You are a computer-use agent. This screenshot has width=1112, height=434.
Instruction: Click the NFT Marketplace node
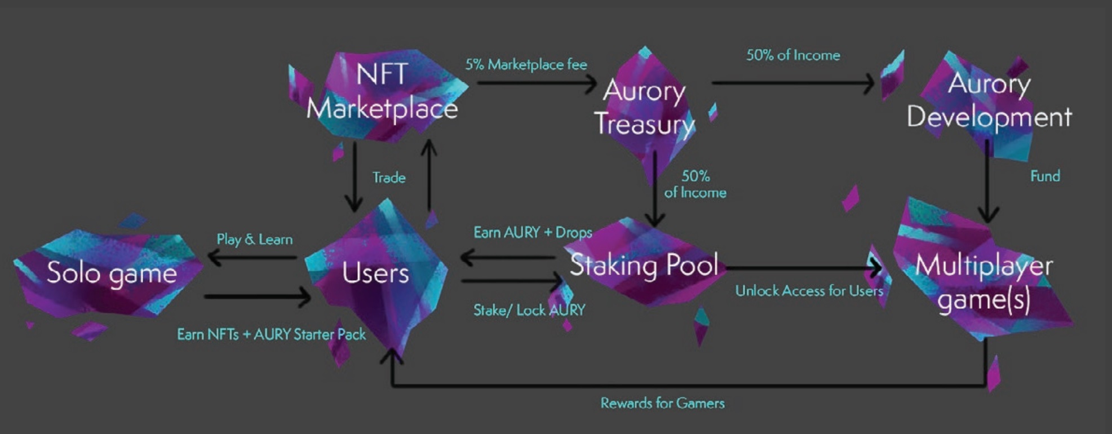point(382,93)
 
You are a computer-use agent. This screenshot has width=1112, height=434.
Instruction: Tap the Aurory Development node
point(989,101)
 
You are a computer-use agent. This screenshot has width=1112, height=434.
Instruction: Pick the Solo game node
point(110,273)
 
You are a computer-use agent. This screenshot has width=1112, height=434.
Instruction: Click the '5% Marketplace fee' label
point(526,65)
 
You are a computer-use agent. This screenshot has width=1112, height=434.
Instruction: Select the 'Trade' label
point(389,178)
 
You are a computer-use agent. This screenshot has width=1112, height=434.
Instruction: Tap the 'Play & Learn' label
point(255,240)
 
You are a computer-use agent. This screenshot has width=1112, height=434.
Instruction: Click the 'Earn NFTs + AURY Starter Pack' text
point(271,334)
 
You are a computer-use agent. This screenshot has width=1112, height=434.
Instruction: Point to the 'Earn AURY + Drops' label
point(533,232)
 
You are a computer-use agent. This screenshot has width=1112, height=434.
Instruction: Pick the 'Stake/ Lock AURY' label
point(529,310)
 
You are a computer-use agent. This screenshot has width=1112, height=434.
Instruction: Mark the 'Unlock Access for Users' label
point(809,291)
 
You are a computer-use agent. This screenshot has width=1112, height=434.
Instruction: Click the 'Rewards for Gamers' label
point(662,403)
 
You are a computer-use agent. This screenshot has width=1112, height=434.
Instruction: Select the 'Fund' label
point(1045,176)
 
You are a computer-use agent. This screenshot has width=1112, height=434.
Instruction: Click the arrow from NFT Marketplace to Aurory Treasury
point(537,83)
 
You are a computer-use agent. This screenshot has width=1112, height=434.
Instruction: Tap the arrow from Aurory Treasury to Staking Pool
point(654,189)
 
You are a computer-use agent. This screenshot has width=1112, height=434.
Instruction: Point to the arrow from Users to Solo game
point(252,258)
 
